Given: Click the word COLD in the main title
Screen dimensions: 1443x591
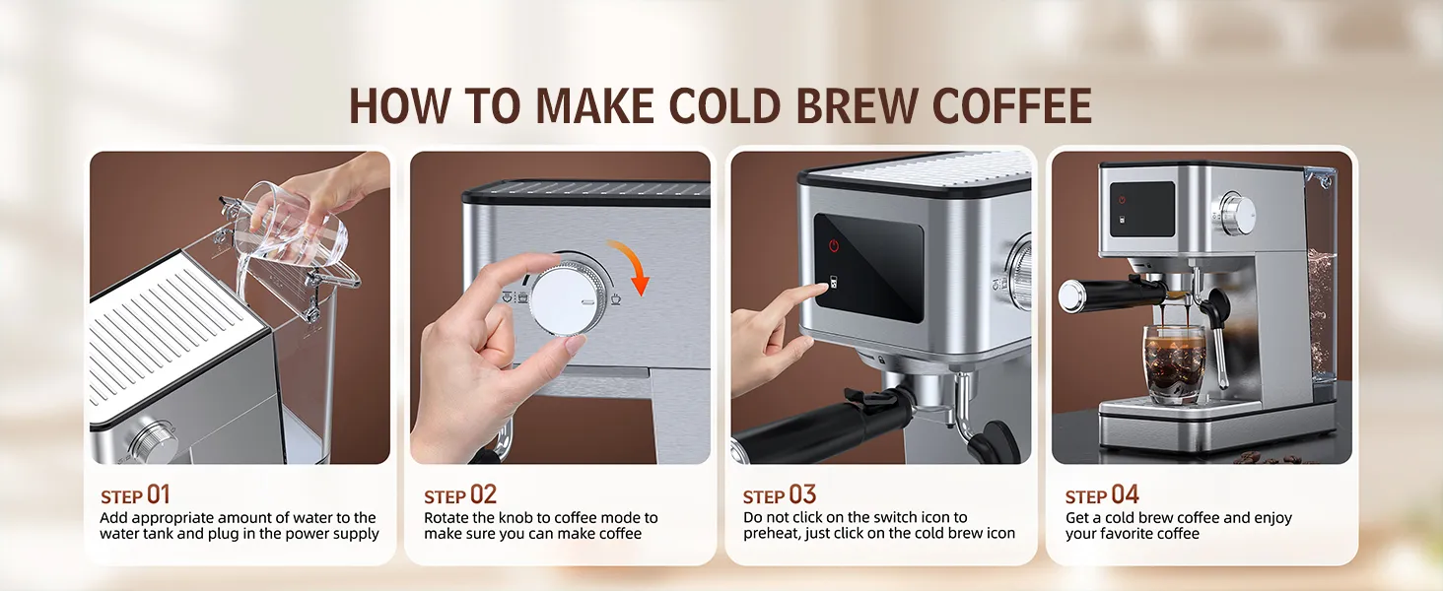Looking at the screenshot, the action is pyautogui.click(x=724, y=105).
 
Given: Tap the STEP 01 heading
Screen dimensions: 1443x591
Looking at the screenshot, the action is pyautogui.click(x=135, y=495).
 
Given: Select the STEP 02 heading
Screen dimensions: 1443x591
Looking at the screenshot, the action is pyautogui.click(x=460, y=495).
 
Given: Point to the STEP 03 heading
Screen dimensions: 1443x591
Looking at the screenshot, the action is pyautogui.click(x=780, y=495).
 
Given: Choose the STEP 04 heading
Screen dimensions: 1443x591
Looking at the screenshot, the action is pyautogui.click(x=1102, y=495).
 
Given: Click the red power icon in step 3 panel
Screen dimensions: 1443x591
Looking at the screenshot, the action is pyautogui.click(x=834, y=245).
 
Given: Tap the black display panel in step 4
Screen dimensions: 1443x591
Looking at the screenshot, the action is pyautogui.click(x=1142, y=209).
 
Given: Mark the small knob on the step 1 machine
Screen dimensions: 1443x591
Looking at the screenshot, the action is pyautogui.click(x=152, y=440).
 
